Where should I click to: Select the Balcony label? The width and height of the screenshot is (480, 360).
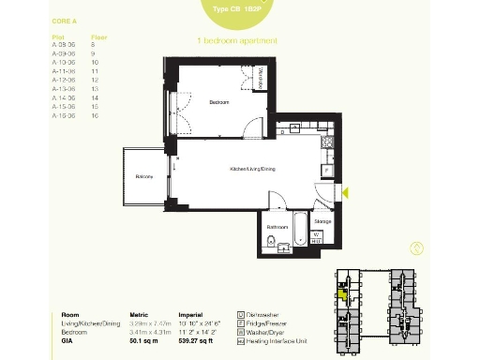(x=143, y=176)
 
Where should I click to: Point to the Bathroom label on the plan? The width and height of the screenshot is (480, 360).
(x=277, y=227)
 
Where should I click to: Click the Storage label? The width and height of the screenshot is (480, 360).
(x=322, y=221)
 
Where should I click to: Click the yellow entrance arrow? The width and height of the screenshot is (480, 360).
(x=344, y=193)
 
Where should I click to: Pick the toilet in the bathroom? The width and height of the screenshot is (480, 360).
(x=270, y=246)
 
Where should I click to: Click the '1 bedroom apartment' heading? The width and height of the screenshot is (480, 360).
(x=238, y=41)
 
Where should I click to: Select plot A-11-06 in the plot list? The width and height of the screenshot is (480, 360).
(x=62, y=70)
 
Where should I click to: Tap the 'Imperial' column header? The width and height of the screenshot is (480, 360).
(x=191, y=316)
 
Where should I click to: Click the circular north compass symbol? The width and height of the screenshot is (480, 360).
(x=416, y=248)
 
